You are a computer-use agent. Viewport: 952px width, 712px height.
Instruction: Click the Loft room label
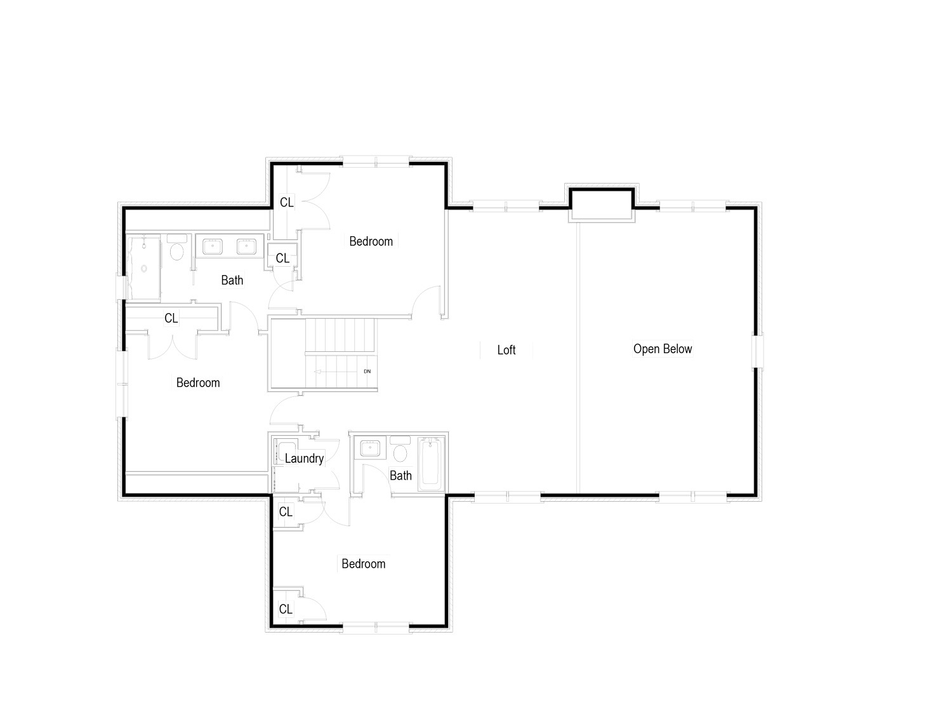pyautogui.click(x=506, y=350)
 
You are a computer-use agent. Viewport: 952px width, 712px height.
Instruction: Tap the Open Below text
pyautogui.click(x=663, y=349)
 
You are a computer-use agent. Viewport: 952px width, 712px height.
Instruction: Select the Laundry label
pyautogui.click(x=304, y=459)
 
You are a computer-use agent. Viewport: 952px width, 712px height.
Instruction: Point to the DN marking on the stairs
pyautogui.click(x=367, y=372)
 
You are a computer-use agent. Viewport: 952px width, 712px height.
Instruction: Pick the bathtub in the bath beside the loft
pyautogui.click(x=430, y=464)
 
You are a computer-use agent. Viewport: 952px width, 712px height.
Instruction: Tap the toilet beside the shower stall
pyautogui.click(x=176, y=247)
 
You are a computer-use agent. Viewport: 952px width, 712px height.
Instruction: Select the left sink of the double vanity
pyautogui.click(x=212, y=247)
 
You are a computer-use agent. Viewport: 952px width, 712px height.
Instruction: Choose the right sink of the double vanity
pyautogui.click(x=246, y=247)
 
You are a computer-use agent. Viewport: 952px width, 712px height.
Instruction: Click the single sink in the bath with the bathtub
pyautogui.click(x=369, y=448)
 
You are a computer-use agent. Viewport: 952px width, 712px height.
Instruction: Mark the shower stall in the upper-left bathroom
pyautogui.click(x=143, y=267)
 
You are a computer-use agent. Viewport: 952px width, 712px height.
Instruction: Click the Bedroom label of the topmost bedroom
pyautogui.click(x=371, y=241)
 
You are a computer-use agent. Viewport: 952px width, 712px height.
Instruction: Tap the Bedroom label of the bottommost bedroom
pyautogui.click(x=363, y=563)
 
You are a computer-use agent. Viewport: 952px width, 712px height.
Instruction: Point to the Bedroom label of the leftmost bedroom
pyautogui.click(x=198, y=383)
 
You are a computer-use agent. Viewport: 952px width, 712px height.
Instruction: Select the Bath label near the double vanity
pyautogui.click(x=232, y=280)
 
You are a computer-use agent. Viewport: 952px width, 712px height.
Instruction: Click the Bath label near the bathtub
pyautogui.click(x=400, y=476)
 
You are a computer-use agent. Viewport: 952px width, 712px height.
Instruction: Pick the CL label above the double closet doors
pyautogui.click(x=171, y=318)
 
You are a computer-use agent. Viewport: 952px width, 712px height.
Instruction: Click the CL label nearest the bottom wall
pyautogui.click(x=286, y=609)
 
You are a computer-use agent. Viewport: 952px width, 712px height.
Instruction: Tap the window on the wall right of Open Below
pyautogui.click(x=757, y=351)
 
